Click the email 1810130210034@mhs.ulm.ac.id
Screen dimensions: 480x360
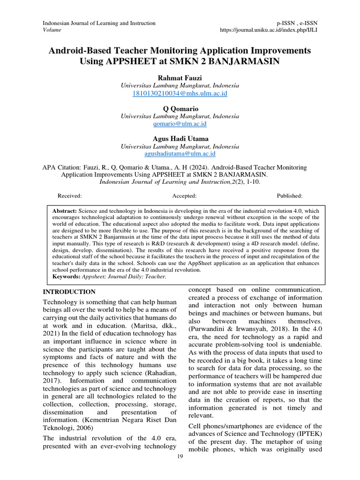(x=180, y=94)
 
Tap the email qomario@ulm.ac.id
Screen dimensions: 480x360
(x=180, y=124)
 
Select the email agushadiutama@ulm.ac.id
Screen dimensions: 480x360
(x=180, y=154)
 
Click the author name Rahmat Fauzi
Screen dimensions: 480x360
(x=180, y=78)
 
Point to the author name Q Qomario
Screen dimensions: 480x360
(x=180, y=108)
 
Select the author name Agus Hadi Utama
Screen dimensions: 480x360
(x=180, y=138)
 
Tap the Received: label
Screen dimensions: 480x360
(x=69, y=196)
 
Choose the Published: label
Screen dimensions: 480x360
(x=289, y=196)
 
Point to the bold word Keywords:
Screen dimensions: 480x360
(x=67, y=277)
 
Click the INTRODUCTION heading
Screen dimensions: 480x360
(x=69, y=292)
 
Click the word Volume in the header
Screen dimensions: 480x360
(x=52, y=30)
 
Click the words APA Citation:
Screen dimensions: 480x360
(x=62, y=167)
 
